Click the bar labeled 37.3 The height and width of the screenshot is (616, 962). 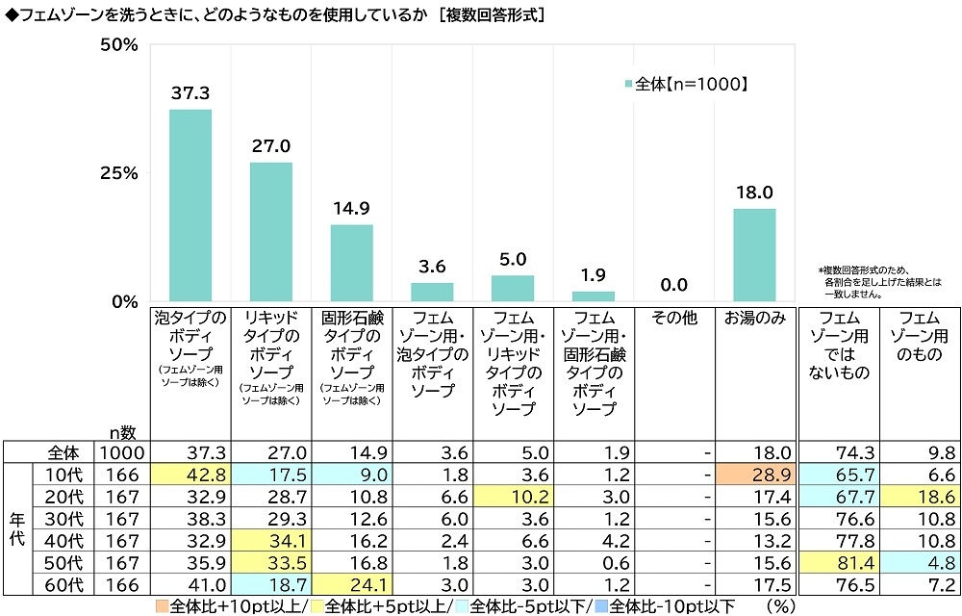190,205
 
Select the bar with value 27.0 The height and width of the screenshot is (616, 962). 271,231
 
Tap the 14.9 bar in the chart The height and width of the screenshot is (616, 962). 352,262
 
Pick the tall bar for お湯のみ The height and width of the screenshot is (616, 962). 754,254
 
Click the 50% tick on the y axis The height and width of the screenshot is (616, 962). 121,45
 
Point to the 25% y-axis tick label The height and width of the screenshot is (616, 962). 121,173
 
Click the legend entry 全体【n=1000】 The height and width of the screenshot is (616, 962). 686,84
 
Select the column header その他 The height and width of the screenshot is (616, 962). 673,319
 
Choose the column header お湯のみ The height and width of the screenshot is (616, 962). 754,319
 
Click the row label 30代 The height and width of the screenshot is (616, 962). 63,517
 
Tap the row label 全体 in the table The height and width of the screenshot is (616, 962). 63,453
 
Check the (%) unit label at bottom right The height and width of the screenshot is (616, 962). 776,606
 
